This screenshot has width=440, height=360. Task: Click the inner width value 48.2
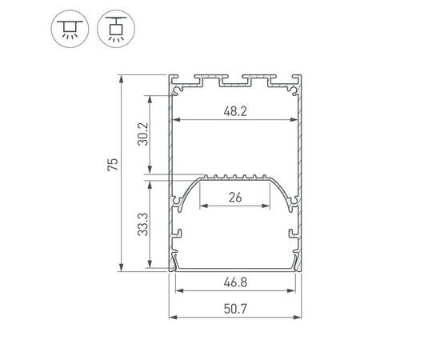(236, 112)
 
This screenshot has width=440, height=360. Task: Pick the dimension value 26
(236, 196)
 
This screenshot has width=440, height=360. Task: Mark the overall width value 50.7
(236, 306)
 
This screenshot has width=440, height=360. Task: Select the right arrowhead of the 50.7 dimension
(300, 315)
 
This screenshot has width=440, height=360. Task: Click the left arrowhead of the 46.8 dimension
(178, 292)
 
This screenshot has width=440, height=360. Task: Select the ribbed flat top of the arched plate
(236, 177)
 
